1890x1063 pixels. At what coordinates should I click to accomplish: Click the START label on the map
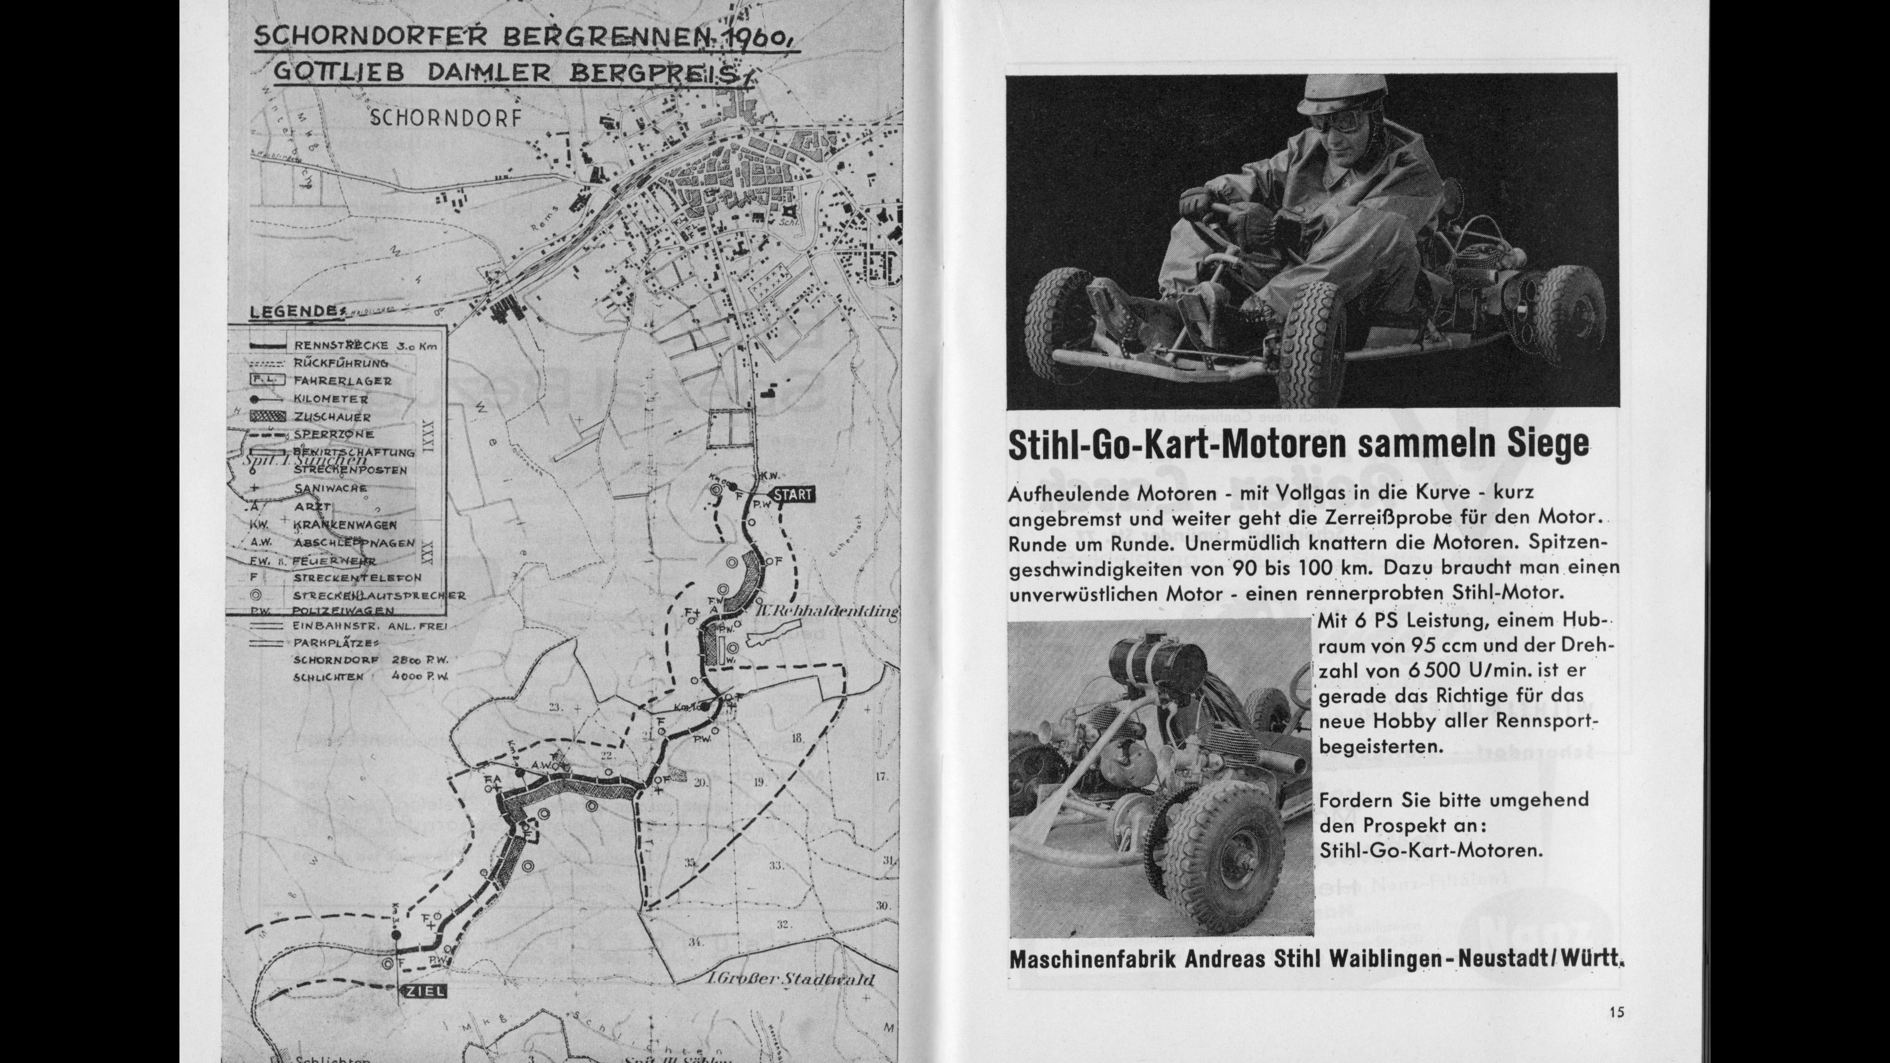[x=793, y=495]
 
